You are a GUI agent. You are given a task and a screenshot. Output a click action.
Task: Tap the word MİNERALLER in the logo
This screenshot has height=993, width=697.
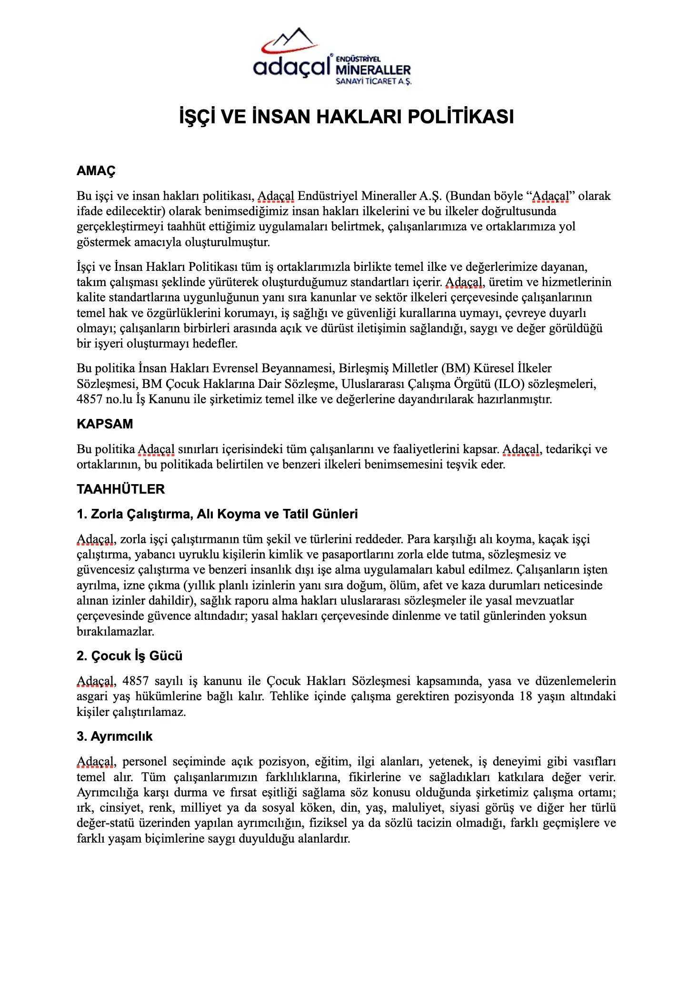pos(373,70)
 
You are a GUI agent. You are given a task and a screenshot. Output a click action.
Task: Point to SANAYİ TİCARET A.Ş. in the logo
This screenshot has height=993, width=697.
pos(373,81)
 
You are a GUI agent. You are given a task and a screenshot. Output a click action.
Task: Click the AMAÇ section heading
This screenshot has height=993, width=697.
pos(96,171)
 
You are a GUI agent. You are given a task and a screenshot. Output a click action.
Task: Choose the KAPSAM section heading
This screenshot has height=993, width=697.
pos(105,424)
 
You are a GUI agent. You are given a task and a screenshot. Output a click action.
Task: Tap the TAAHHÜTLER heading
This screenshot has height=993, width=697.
pos(121,489)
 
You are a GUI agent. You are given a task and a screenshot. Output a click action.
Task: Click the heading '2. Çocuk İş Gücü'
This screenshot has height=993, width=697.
pos(129,656)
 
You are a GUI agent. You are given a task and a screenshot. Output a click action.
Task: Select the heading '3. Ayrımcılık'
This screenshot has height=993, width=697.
pos(114,736)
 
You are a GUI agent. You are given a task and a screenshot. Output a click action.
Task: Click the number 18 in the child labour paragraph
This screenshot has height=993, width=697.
pos(526,696)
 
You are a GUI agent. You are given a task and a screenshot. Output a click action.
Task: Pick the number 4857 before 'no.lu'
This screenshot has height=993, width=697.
pos(90,399)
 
